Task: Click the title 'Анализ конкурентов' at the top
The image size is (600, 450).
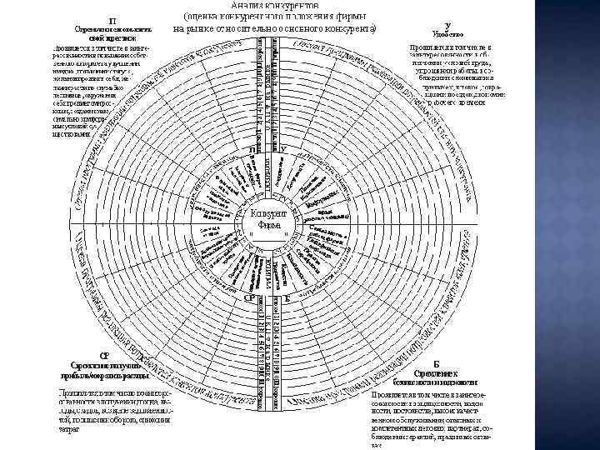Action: [x=275, y=6]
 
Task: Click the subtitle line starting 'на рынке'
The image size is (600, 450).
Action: [x=275, y=29]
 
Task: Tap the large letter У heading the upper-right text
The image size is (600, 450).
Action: [x=448, y=26]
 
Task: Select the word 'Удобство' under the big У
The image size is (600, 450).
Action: [x=448, y=35]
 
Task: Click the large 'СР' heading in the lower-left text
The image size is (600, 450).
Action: [x=104, y=355]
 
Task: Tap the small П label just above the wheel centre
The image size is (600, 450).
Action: [x=252, y=149]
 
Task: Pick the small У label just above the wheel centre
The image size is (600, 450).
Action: [x=284, y=149]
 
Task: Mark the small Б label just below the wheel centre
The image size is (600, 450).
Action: [x=287, y=297]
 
